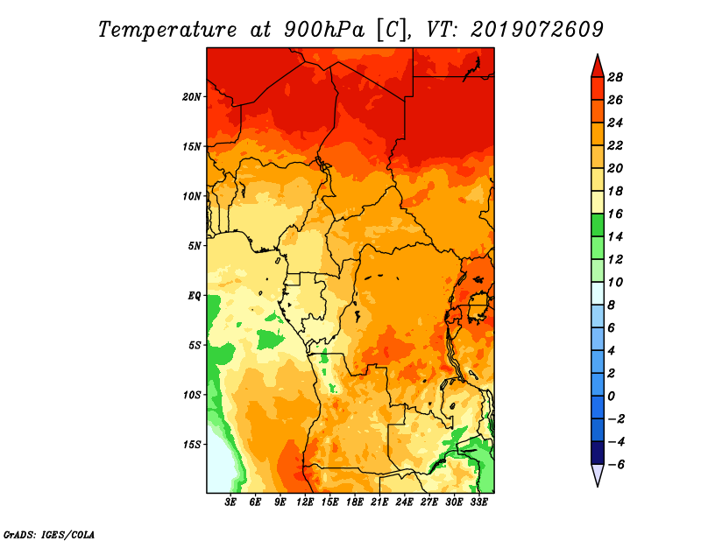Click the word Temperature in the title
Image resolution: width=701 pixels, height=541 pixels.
point(167,30)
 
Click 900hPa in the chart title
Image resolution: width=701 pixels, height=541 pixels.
point(324,30)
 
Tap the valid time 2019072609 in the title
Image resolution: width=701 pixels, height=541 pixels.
point(537,30)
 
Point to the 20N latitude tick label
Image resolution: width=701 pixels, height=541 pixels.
point(192,97)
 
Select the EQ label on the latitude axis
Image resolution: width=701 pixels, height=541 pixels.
point(194,296)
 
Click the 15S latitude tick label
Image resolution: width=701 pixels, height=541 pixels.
point(192,445)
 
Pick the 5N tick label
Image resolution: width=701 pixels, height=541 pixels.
point(195,246)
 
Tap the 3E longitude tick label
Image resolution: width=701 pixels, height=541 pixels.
point(230,502)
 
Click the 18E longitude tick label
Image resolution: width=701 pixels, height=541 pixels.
point(355,502)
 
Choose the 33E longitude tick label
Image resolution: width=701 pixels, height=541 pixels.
point(478,502)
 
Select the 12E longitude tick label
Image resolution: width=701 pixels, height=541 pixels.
point(305,502)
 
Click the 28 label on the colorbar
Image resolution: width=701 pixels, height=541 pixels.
point(615,77)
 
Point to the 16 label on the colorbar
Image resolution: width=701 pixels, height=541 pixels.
point(615,214)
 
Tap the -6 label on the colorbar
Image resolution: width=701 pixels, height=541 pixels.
point(616,465)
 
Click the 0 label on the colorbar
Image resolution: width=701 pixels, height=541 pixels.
point(612,397)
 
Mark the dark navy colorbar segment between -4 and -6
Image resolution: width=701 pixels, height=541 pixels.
point(598,453)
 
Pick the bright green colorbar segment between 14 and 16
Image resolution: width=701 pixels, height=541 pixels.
point(598,225)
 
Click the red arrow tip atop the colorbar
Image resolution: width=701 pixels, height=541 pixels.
point(598,55)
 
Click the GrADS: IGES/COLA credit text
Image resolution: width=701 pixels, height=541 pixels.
point(49,535)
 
